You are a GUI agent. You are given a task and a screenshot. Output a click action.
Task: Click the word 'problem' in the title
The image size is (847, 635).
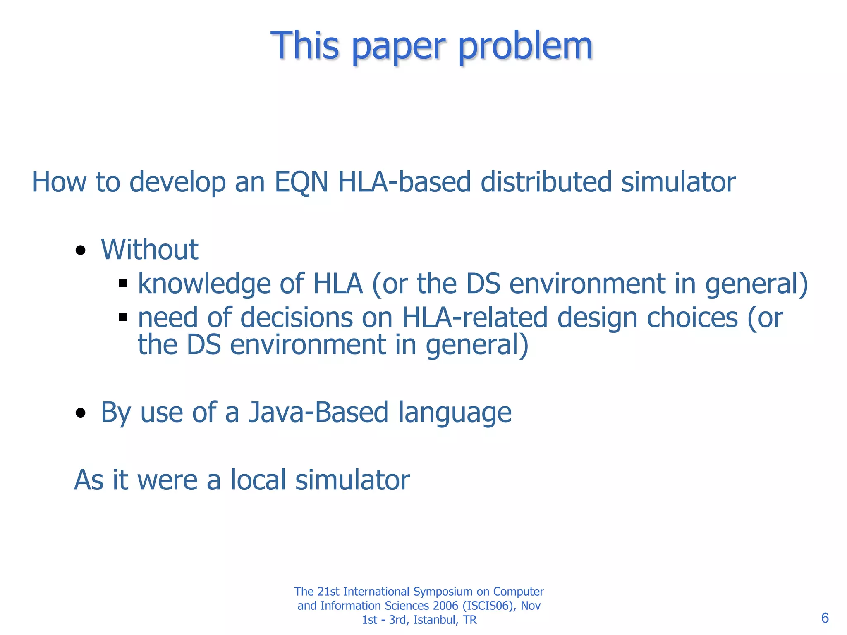pos(525,46)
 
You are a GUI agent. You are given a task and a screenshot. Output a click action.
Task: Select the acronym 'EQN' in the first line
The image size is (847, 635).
pos(301,182)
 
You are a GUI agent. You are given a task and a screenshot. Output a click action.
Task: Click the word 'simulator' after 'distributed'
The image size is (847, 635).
pos(678,182)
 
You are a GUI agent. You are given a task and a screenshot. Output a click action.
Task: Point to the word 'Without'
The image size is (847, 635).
pos(149,250)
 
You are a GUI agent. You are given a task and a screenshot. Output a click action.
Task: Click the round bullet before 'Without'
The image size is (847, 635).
pos(81,251)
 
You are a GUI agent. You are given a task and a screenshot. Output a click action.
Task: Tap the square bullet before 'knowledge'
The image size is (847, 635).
pos(122,283)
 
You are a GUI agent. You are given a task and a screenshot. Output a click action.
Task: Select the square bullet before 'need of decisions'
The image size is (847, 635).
pos(122,317)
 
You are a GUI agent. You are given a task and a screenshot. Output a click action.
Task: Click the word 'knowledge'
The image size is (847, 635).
pos(204,284)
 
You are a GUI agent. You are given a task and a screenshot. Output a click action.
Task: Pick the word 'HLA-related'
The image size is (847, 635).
pos(475,317)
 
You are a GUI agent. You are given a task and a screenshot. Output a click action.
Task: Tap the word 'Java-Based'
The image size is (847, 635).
pos(318,413)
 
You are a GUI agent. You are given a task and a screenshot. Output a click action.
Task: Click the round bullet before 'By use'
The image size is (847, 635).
pos(81,413)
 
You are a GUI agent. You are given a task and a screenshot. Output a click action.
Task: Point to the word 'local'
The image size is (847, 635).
pos(258,480)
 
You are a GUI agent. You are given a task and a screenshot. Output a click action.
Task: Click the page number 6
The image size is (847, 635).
pos(825,618)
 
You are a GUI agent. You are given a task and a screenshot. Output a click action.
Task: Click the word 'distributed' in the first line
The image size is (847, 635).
pos(546,182)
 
